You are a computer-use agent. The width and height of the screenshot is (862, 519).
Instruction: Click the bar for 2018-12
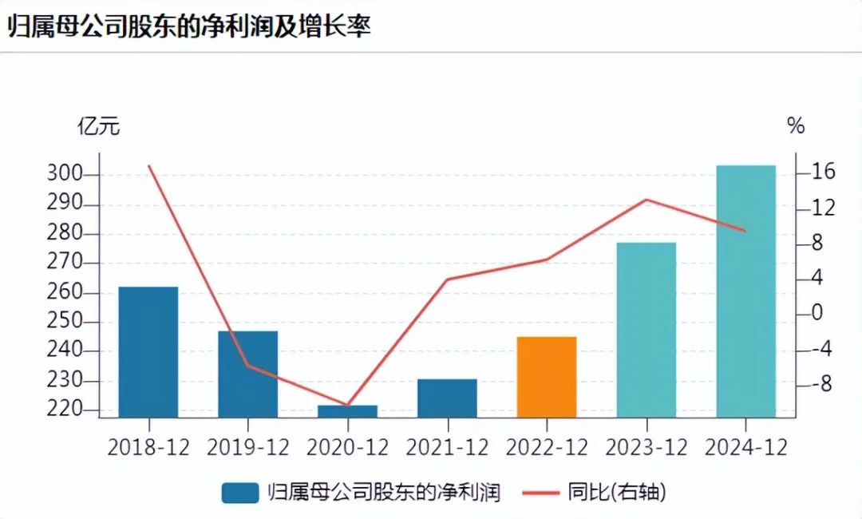tap(148, 351)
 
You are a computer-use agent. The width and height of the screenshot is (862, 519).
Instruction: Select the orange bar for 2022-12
tap(547, 377)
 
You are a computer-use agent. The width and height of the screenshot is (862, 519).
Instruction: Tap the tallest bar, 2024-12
tap(745, 291)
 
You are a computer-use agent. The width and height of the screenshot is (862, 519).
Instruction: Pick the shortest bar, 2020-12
tap(348, 411)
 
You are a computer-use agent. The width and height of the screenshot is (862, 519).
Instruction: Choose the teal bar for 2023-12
tap(646, 329)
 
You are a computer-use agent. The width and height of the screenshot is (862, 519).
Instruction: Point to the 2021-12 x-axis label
tap(447, 447)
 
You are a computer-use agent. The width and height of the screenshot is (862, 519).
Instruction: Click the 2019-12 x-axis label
tap(248, 447)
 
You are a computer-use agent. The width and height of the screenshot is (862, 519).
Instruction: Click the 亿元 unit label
tap(98, 126)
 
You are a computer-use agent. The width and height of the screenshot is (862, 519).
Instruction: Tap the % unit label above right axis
tap(796, 126)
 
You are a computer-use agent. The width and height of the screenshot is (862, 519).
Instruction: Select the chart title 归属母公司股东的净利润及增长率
tap(190, 26)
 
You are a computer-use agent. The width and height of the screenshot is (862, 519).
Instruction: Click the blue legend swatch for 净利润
tap(240, 493)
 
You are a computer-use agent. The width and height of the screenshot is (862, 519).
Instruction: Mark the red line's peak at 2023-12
tap(646, 199)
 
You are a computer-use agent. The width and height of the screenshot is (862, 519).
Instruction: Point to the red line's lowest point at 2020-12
tap(348, 406)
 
